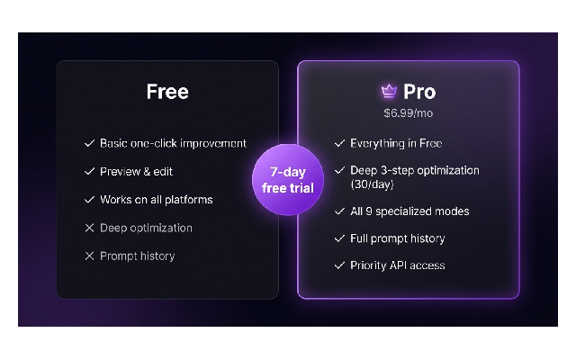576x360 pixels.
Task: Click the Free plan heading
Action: pos(167,92)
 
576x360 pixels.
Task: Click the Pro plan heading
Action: pos(419,92)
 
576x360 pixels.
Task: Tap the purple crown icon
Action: pos(389,91)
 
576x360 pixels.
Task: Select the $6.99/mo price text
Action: pos(408,113)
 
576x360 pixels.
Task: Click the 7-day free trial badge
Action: pos(288,180)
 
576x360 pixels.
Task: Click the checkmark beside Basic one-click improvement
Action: pos(89,143)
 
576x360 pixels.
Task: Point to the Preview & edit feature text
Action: pos(136,172)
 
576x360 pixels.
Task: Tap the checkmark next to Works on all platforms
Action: pos(89,200)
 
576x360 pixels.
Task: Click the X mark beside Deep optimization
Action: pos(89,228)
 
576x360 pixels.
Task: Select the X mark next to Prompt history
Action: pos(89,256)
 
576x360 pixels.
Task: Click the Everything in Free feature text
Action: pos(396,143)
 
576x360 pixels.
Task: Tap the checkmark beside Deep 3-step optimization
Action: pos(340,170)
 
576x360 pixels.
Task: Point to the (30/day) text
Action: pos(372,184)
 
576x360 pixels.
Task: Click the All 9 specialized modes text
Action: pos(409,211)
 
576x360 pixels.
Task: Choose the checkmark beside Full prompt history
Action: pos(340,238)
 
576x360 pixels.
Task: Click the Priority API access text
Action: pos(398,265)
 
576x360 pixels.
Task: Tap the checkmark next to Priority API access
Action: pos(340,265)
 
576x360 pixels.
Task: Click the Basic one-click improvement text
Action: pos(173,143)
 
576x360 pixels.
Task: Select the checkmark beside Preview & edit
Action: pos(89,172)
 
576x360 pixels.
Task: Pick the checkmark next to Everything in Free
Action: pos(340,143)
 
